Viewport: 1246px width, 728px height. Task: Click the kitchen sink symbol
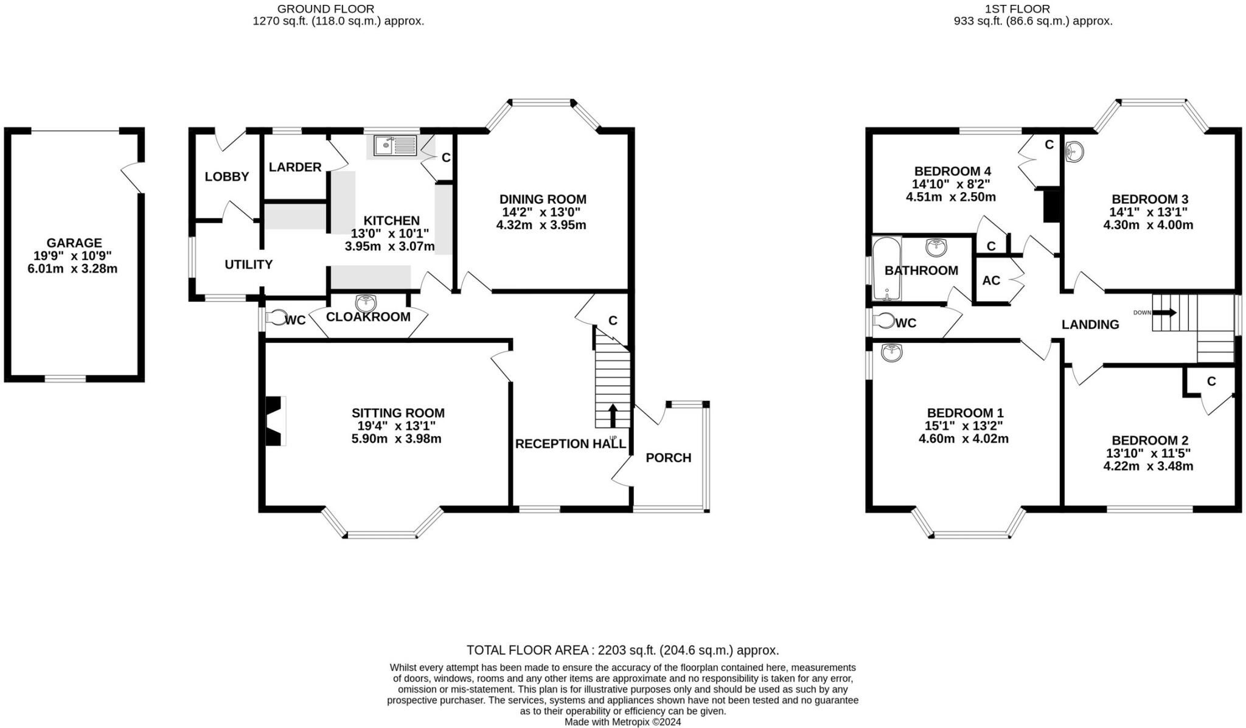point(395,145)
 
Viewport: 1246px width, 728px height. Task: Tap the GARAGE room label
point(74,243)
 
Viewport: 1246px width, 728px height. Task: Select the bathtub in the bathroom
point(886,269)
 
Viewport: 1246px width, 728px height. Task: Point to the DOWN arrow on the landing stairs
point(1164,312)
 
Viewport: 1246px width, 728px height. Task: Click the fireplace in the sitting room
point(276,421)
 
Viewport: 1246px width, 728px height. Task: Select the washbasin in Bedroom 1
point(892,352)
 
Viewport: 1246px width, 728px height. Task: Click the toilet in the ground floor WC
point(277,318)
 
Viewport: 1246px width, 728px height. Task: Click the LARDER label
point(295,167)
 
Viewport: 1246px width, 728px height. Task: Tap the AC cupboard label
point(991,280)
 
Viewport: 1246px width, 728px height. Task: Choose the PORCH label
point(668,457)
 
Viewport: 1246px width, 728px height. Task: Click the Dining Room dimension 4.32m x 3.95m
point(541,225)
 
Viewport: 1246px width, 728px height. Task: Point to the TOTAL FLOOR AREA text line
point(622,650)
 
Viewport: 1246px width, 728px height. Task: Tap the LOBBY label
point(226,176)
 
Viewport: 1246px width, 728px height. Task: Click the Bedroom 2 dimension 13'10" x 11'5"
point(1148,453)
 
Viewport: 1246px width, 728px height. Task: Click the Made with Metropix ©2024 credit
point(622,722)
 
